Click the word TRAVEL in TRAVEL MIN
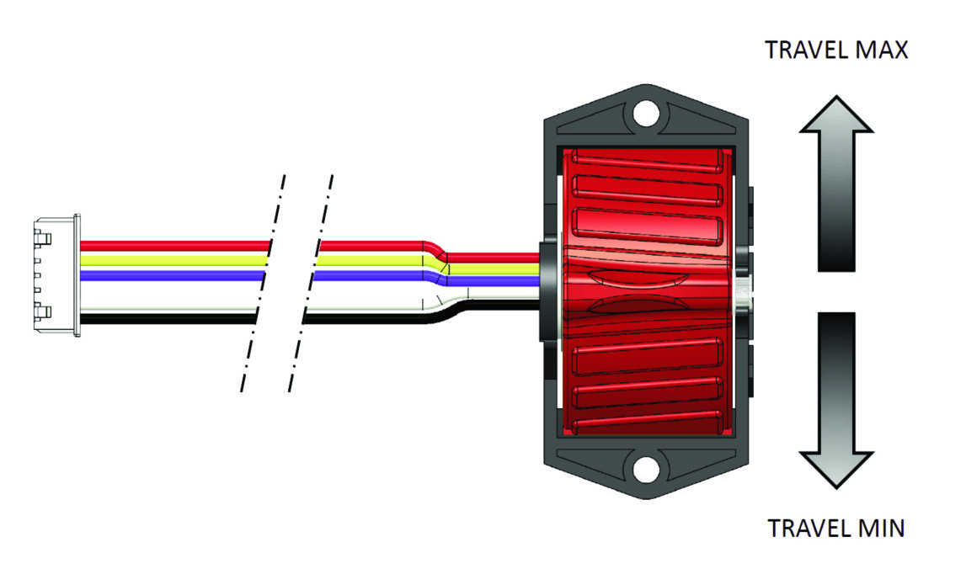(x=807, y=529)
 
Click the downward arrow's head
(x=836, y=471)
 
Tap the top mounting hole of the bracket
(x=646, y=114)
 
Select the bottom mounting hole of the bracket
(x=646, y=470)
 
